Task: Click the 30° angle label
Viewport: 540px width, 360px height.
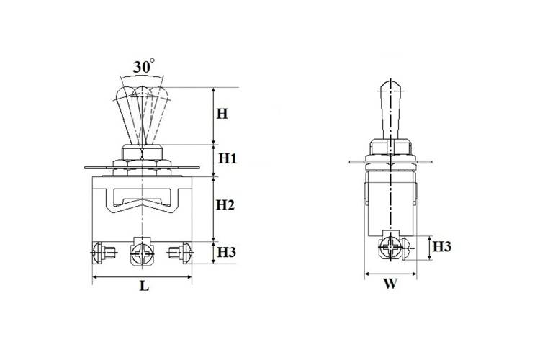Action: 143,66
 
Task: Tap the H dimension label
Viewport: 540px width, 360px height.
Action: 222,114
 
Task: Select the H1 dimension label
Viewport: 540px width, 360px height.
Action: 228,159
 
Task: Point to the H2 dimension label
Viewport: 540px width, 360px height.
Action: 225,205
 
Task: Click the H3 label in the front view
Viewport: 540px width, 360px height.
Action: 226,253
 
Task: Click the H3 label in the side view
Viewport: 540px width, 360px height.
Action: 442,247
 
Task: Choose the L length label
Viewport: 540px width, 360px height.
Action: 144,286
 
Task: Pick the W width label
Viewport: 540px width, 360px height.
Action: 390,284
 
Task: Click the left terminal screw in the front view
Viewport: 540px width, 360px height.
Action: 103,253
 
